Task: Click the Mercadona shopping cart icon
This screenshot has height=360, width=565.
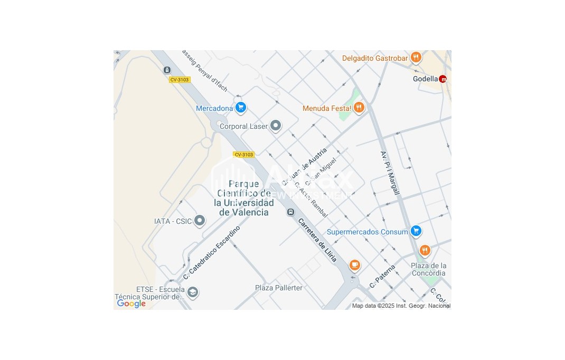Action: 241,108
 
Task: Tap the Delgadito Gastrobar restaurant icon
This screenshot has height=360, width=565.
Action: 416,58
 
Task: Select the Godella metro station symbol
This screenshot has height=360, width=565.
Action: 442,79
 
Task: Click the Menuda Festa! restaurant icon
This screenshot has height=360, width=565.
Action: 359,108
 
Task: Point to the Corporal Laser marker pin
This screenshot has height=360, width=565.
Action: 275,126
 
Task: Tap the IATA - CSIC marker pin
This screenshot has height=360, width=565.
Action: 199,221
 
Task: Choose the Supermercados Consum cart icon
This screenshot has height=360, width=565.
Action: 416,231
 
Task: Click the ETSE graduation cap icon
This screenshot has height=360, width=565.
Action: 192,292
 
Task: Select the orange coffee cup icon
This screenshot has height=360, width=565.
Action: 355,264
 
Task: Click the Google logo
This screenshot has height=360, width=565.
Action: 131,304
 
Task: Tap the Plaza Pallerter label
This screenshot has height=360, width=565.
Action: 279,288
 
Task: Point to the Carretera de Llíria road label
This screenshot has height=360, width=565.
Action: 318,240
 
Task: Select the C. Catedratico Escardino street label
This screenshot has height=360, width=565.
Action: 211,253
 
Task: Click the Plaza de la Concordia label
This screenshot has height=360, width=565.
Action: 429,269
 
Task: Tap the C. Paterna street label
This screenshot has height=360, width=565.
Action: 382,276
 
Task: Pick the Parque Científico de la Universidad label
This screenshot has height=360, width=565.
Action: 244,198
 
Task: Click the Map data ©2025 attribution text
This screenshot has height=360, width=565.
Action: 401,306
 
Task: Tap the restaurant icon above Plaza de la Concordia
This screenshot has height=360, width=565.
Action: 425,250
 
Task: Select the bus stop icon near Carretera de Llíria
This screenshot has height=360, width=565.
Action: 290,212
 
